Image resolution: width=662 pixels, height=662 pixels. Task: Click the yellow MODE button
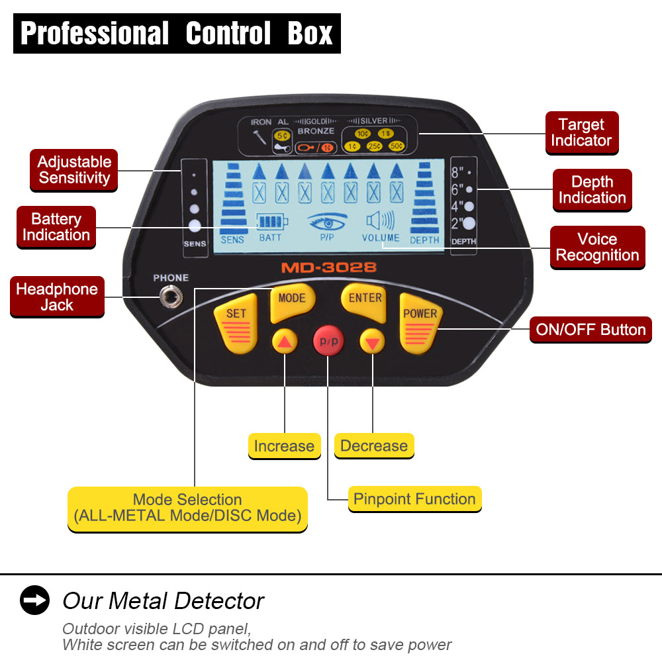tap(291, 301)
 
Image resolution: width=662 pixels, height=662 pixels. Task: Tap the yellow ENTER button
tap(364, 301)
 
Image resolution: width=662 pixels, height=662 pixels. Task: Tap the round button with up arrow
tap(284, 342)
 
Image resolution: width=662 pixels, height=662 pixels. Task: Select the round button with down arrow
tap(372, 342)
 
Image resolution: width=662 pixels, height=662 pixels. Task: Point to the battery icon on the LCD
tap(270, 222)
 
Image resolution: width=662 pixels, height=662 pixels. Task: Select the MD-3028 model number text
tap(328, 268)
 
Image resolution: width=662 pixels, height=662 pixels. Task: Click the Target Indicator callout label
tap(581, 132)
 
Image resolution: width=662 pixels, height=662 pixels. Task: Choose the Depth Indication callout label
tap(592, 190)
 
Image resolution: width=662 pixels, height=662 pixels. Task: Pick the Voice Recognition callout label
tap(597, 247)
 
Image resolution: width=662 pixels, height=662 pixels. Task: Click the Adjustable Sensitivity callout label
tap(73, 169)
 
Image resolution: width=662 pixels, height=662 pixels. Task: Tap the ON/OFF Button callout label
tap(591, 330)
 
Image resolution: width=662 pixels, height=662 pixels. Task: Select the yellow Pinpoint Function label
tap(414, 499)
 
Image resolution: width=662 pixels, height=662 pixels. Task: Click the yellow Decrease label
tap(374, 446)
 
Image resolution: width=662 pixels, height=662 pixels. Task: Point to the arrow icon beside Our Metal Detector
tap(34, 600)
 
